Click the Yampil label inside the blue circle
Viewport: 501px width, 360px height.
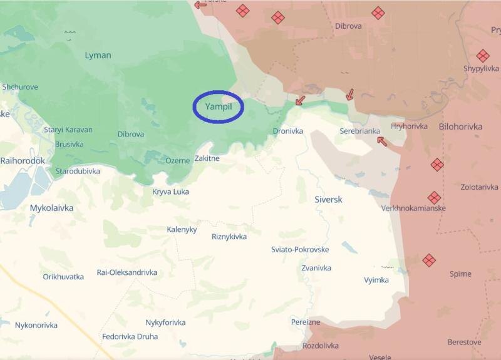click(x=219, y=107)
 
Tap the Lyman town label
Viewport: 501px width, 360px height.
click(x=98, y=55)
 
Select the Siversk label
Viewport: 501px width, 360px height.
click(x=328, y=199)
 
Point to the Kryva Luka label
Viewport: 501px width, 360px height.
click(x=170, y=192)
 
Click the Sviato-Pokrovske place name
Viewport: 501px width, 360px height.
click(x=300, y=249)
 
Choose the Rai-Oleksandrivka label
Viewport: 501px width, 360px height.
click(x=127, y=272)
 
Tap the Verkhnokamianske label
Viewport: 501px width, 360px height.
click(x=413, y=208)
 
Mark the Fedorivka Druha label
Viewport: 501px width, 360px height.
click(x=130, y=336)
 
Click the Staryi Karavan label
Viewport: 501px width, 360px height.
click(x=68, y=130)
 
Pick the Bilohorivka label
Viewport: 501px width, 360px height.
click(x=461, y=126)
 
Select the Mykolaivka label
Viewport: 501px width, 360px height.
click(x=51, y=207)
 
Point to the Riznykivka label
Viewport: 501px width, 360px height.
click(x=229, y=237)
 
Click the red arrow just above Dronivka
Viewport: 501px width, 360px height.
click(x=300, y=100)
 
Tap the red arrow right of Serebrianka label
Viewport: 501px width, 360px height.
click(x=381, y=141)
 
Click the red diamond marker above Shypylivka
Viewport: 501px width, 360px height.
click(x=482, y=56)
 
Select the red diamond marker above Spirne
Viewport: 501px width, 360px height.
click(x=429, y=260)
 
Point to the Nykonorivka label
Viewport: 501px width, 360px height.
click(x=36, y=325)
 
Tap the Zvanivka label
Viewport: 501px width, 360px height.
click(x=316, y=267)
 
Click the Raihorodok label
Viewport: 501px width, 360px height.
click(x=23, y=161)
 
